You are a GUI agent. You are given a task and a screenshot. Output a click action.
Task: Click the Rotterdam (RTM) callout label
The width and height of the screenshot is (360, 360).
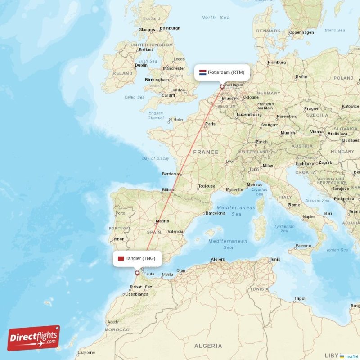222,72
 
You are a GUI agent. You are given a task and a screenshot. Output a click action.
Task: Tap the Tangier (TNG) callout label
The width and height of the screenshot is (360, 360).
137,258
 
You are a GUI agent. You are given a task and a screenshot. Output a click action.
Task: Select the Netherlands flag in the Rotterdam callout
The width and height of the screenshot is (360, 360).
203,72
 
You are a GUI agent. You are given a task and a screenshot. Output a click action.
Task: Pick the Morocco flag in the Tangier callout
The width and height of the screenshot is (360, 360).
121,258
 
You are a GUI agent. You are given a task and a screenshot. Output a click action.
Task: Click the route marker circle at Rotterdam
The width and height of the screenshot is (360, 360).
221,87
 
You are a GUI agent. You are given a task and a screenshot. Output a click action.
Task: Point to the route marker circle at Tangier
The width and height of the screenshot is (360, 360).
137,273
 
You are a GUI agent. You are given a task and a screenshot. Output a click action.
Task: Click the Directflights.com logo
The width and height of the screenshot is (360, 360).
34,338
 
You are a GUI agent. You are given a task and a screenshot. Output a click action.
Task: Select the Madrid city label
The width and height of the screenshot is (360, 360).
162,221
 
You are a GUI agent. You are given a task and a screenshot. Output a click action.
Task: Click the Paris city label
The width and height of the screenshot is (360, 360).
210,124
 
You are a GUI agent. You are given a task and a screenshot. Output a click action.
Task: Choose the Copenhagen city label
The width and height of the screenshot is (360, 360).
301,32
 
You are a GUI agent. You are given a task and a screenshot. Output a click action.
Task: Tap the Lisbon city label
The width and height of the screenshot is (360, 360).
117,239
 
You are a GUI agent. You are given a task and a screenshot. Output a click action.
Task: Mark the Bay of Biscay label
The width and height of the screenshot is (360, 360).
156,158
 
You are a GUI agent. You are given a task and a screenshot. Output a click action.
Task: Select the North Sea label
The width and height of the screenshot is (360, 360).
215,18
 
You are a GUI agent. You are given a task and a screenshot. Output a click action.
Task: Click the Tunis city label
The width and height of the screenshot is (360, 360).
275,259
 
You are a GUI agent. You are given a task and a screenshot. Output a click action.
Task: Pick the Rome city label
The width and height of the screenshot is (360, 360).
294,205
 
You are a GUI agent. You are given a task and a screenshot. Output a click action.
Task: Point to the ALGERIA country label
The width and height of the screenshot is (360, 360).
208,346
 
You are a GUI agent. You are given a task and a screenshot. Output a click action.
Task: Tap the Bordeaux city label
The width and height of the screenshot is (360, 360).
171,174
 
